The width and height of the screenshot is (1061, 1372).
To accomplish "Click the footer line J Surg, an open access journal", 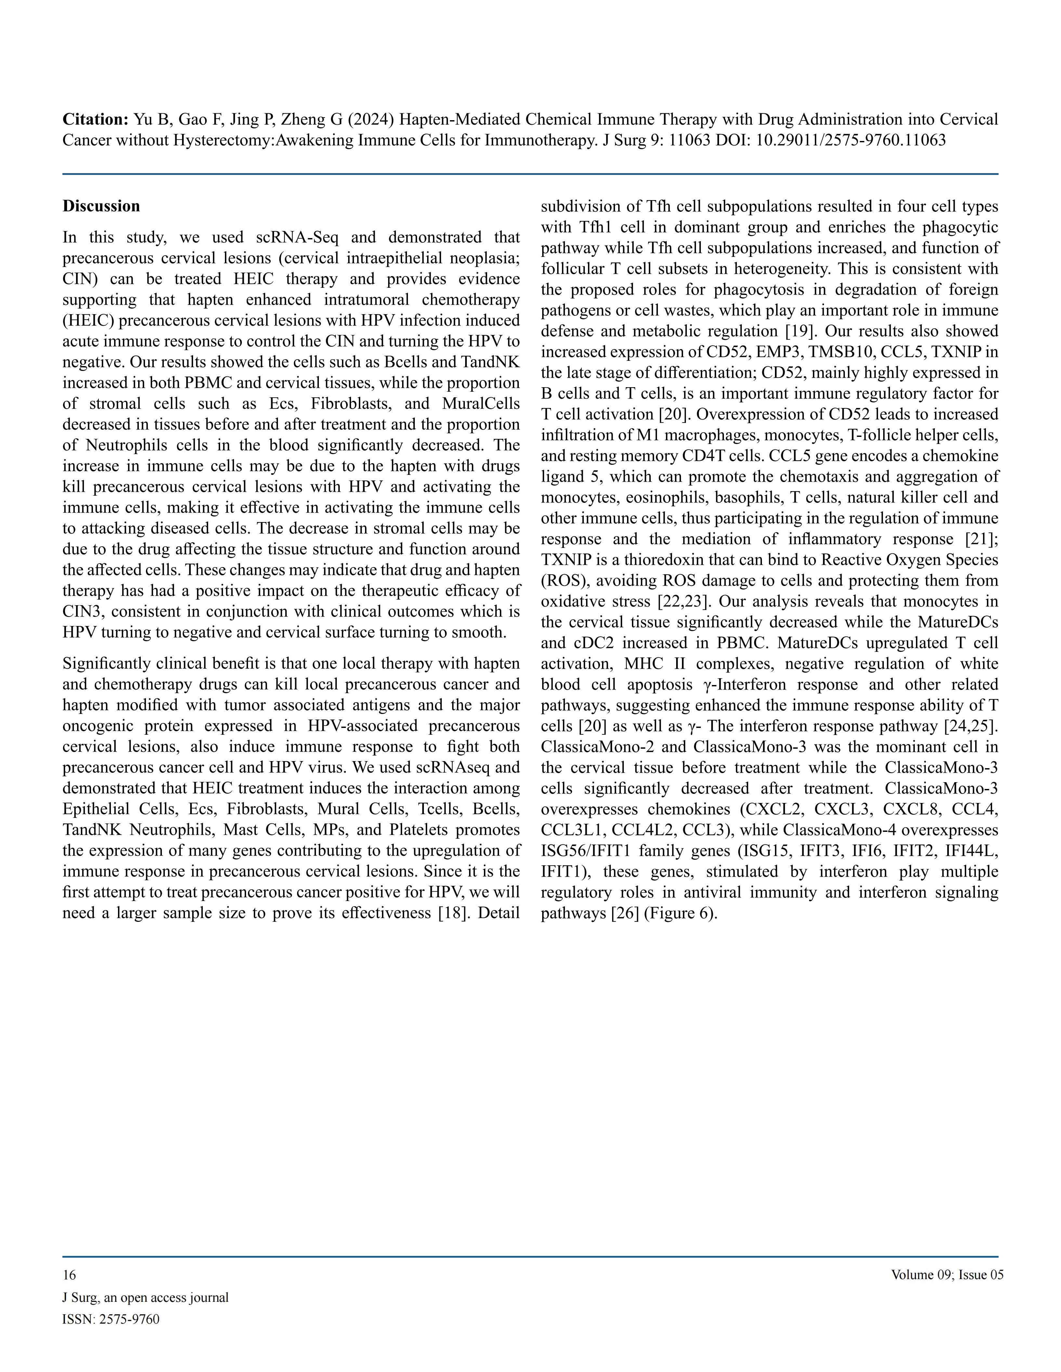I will click(x=145, y=1297).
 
